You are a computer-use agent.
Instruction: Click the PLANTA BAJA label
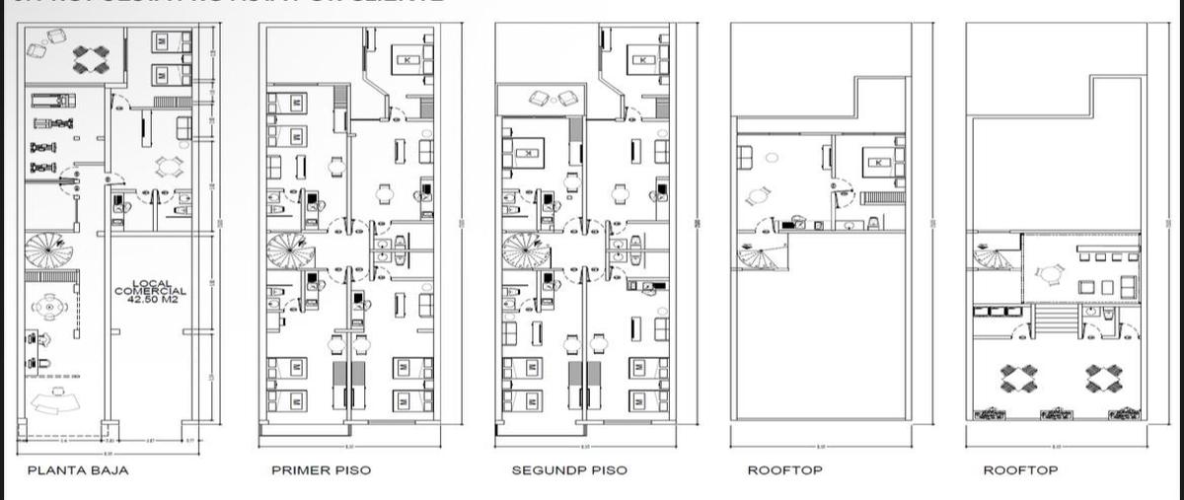click(77, 470)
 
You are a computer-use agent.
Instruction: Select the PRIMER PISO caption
click(321, 470)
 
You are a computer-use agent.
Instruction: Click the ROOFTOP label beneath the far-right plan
click(1020, 470)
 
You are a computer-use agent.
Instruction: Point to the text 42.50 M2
click(150, 300)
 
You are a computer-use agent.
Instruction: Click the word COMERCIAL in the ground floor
click(150, 291)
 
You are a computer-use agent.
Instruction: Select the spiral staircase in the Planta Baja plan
click(44, 251)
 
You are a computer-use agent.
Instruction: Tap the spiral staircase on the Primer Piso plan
click(287, 251)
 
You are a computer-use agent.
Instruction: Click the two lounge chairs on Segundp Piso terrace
click(555, 98)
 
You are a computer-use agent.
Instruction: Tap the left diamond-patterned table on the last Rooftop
click(1019, 378)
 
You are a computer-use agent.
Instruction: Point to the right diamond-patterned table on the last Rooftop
click(1103, 378)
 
